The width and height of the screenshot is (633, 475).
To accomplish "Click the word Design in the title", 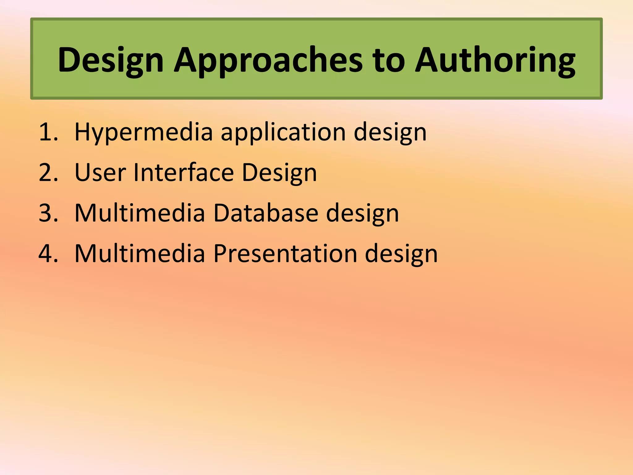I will pos(110,60).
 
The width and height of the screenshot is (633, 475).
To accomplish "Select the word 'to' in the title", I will pos(389,60).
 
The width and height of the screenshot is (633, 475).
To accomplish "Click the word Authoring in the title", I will pos(495,60).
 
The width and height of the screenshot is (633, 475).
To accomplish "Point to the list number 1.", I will pos(48,132).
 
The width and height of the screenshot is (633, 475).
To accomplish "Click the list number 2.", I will pos(48,173).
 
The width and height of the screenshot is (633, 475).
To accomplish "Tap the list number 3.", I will pos(48,213).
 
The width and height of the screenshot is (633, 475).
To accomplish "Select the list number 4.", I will pos(48,254).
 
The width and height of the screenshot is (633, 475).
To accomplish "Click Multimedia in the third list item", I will pos(140,213).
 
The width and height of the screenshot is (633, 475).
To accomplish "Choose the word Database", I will pos(266,213).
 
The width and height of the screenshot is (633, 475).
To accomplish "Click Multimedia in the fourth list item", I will pos(140,254).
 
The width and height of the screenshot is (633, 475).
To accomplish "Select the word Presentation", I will pos(285,254).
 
